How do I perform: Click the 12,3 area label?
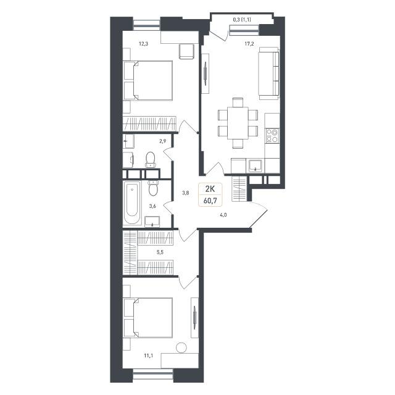click(144, 44)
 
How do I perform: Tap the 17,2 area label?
click(249, 44)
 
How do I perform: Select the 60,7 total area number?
click(210, 201)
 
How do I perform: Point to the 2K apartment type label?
click(210, 189)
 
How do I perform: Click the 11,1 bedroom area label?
click(148, 355)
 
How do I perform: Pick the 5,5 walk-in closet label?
click(160, 252)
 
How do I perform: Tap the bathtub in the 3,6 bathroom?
click(132, 203)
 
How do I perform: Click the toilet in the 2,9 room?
click(151, 160)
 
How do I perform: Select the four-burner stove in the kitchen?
click(272, 136)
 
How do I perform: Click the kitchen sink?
click(256, 165)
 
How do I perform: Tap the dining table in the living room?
click(238, 123)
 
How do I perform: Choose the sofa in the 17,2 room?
click(269, 73)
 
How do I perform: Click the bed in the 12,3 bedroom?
click(148, 81)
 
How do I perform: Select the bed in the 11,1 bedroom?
click(148, 318)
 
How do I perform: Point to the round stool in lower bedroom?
click(181, 348)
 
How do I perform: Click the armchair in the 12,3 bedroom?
click(186, 51)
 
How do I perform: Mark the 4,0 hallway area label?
click(223, 215)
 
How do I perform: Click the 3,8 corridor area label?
click(186, 193)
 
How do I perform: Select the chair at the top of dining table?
click(238, 102)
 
